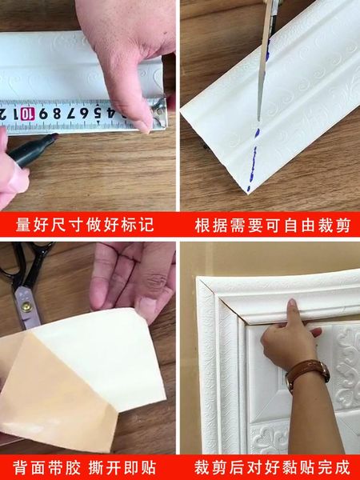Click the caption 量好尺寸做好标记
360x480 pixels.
point(88,225)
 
